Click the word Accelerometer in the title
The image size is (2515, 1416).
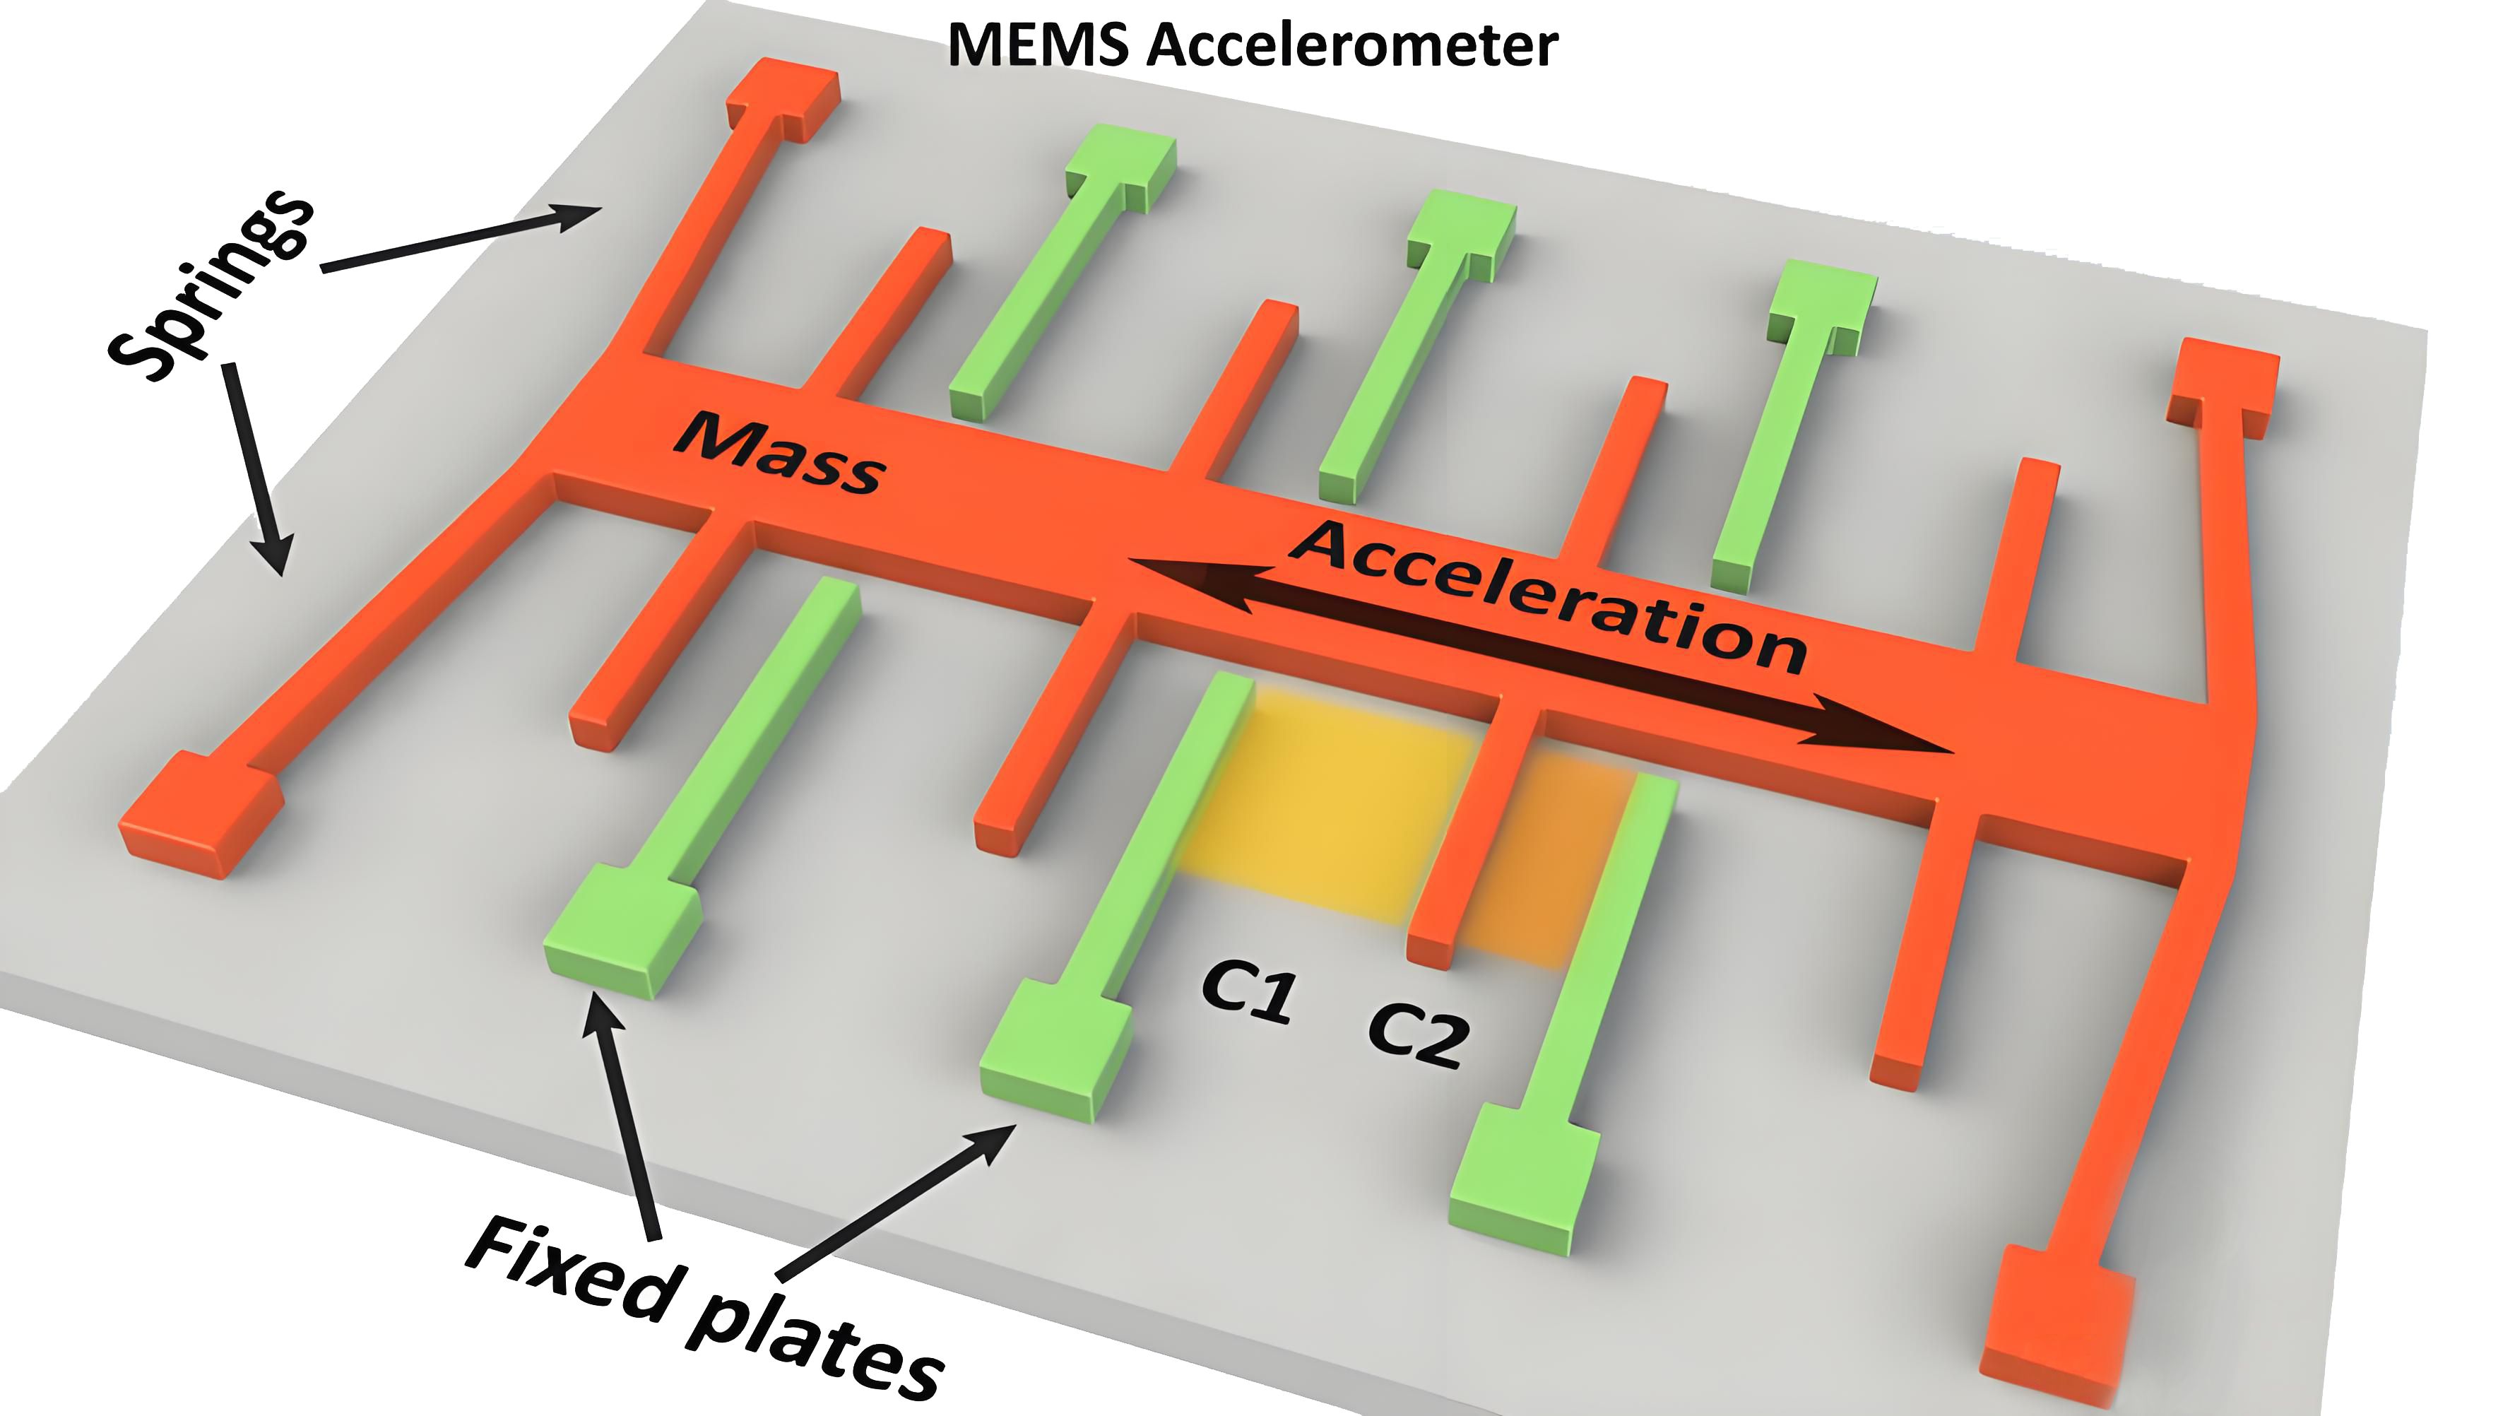coord(1352,45)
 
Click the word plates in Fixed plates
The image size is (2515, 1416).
coord(815,1352)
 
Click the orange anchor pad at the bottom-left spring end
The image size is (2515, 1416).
coord(200,815)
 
